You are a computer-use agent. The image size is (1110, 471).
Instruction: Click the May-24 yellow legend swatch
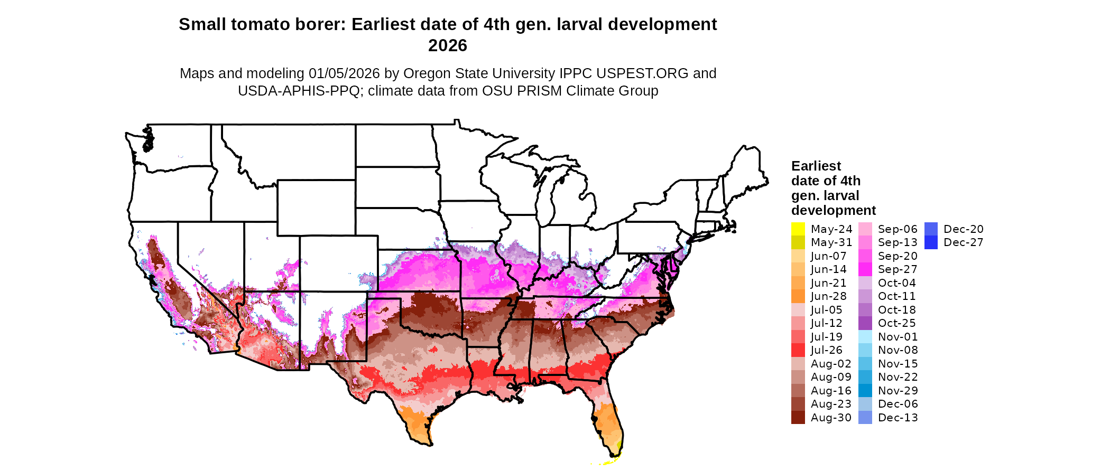(798, 229)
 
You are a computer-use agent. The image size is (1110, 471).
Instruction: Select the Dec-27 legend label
(963, 242)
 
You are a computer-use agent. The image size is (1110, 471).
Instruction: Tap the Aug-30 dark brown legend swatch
(798, 418)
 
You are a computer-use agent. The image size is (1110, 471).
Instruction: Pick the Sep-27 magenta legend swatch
(865, 269)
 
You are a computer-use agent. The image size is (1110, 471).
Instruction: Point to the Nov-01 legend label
(898, 337)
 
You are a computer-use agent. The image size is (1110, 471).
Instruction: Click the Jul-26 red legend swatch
(798, 350)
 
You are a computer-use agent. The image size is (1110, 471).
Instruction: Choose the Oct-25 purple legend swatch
(865, 323)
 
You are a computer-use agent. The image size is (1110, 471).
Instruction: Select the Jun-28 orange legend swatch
(798, 296)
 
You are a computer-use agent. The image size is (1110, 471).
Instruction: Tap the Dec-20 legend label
(963, 229)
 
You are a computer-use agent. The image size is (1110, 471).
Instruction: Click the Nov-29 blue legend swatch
(865, 391)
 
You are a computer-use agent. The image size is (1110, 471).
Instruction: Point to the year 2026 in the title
(448, 46)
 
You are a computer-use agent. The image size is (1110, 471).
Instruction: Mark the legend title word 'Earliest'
(816, 166)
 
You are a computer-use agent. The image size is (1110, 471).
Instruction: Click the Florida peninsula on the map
(610, 425)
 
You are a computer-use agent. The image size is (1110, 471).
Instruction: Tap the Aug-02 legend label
(831, 364)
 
